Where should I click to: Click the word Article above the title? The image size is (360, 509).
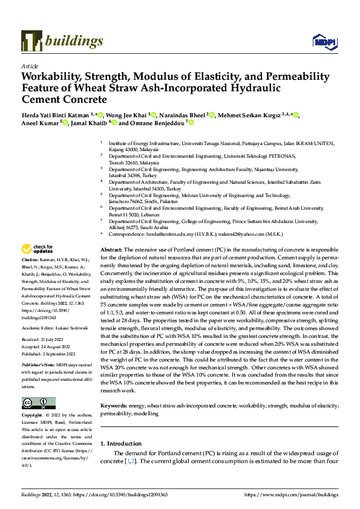[30, 66]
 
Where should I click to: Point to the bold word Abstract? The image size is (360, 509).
[111, 250]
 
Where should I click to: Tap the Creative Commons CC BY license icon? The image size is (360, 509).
[38, 403]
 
